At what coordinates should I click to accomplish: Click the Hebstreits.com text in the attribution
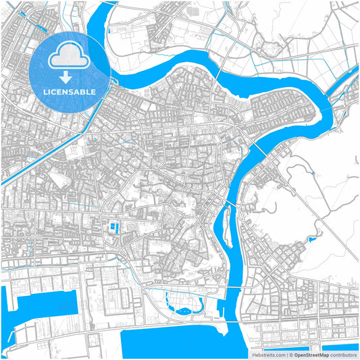(268, 354)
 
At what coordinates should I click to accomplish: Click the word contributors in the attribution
(343, 354)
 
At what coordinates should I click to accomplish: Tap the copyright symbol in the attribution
(290, 354)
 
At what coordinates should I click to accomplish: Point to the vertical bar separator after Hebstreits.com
(286, 354)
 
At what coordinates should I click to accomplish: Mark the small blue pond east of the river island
(311, 239)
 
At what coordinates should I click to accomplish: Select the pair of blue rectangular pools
(114, 227)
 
